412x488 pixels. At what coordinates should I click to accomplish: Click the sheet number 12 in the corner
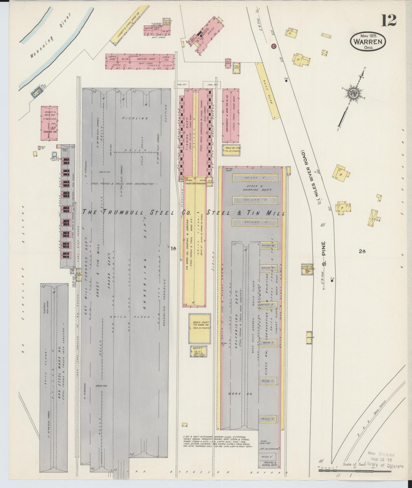tap(389, 20)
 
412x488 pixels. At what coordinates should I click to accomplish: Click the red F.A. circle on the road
tap(274, 46)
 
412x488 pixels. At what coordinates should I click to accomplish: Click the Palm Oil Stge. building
tap(232, 150)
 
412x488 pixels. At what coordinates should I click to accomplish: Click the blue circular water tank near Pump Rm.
tap(54, 154)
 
